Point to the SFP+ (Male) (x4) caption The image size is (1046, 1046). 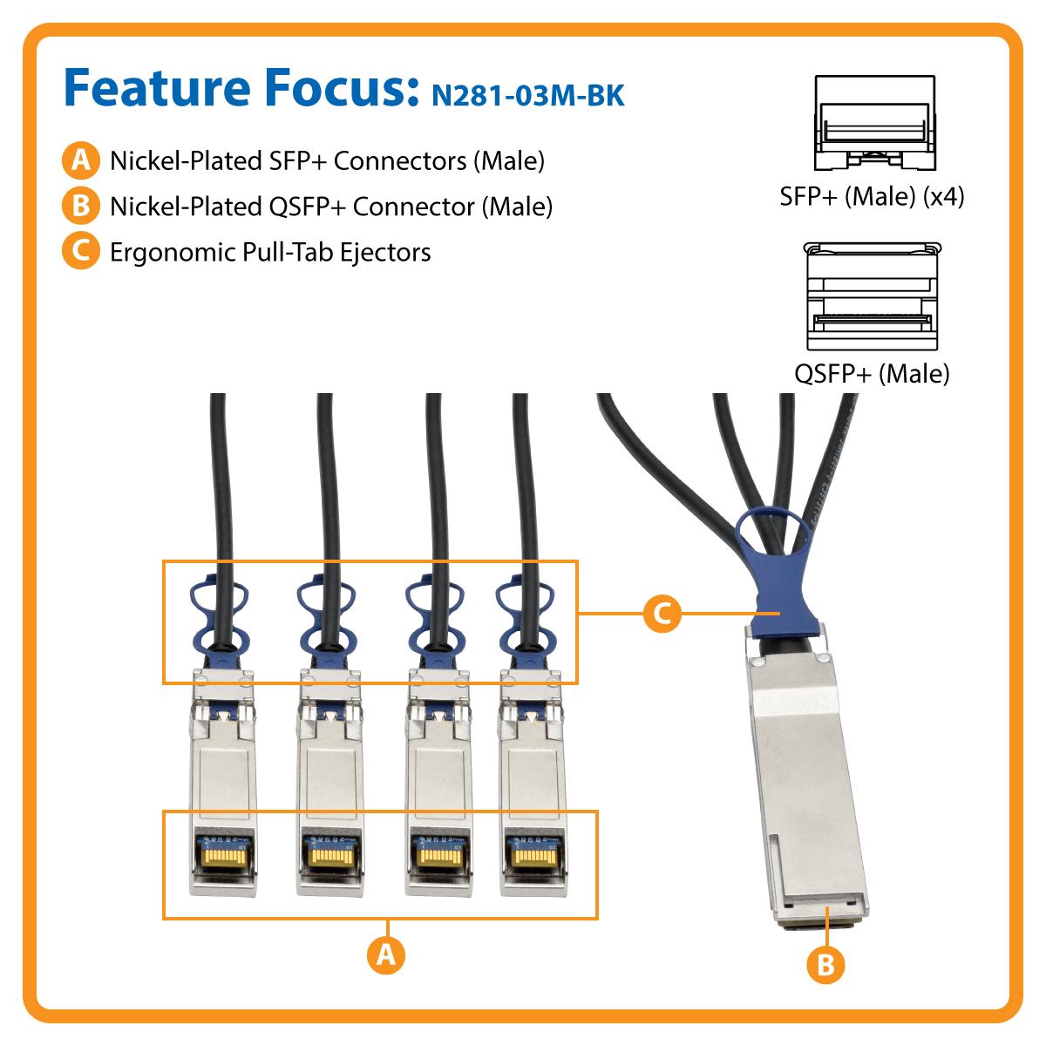pos(872,196)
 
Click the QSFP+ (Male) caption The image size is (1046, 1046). pos(872,374)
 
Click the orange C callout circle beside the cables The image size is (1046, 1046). pos(662,615)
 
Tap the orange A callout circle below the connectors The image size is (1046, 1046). pos(384,955)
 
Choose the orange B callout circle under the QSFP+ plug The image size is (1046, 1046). pos(826,964)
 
